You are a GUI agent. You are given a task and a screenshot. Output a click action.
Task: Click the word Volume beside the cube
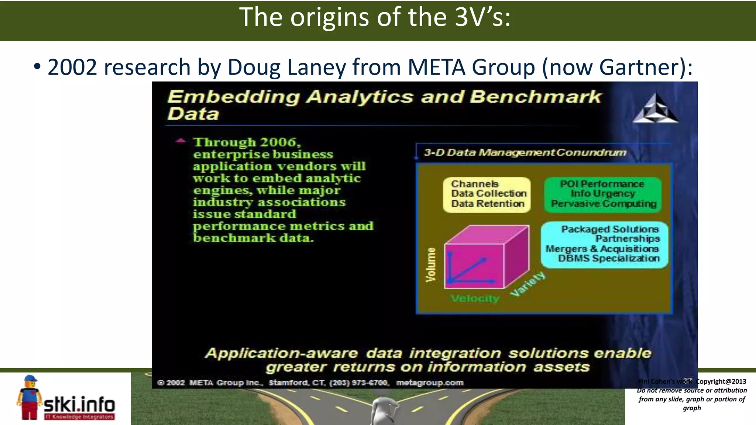pos(430,265)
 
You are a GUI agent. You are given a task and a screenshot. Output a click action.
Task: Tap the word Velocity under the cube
pos(475,298)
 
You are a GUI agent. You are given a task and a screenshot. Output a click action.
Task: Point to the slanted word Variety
pos(528,284)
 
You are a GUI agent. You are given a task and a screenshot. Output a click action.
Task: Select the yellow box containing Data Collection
pos(487,194)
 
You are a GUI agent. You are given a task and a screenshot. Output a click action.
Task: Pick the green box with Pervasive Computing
pos(603,194)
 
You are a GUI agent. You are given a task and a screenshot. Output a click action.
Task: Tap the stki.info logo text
pos(79,405)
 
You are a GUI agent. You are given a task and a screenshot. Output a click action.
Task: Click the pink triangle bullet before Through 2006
pos(181,141)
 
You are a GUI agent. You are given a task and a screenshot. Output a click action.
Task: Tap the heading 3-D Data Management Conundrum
pos(525,152)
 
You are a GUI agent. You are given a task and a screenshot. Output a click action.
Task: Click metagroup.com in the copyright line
pos(430,383)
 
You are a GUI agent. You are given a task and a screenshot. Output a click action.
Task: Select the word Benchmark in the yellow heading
pos(535,97)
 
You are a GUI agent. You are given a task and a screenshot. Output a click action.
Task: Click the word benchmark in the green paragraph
pos(234,238)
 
